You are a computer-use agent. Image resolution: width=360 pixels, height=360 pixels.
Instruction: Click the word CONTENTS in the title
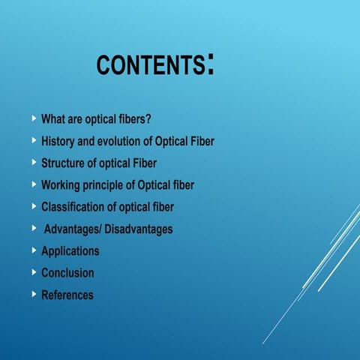(x=151, y=65)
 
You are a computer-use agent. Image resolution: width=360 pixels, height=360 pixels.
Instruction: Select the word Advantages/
(x=76, y=229)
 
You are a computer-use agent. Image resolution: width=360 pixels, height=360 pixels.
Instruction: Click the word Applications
(x=70, y=250)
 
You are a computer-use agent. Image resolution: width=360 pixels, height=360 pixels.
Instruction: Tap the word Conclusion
(x=67, y=273)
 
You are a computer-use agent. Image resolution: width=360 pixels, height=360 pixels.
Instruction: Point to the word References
(x=67, y=295)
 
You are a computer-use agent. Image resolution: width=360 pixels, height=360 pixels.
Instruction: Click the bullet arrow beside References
(x=34, y=294)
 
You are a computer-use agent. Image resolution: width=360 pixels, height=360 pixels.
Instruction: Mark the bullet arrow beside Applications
(x=34, y=250)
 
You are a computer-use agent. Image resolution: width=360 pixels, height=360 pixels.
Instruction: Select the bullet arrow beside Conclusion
(x=34, y=272)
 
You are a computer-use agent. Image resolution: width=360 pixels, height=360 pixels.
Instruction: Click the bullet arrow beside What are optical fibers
(x=34, y=118)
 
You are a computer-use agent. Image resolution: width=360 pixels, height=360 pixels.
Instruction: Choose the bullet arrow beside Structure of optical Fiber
(x=34, y=162)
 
